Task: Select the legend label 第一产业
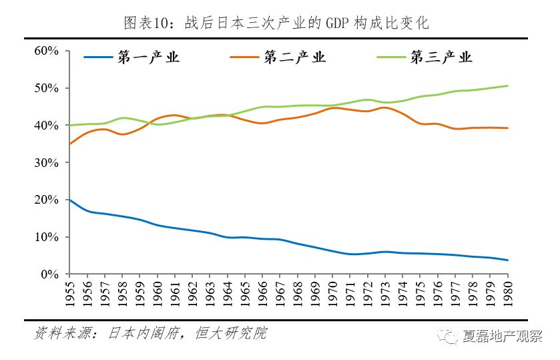tap(149, 57)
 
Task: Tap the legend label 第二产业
tap(294, 57)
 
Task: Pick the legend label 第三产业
tap(441, 57)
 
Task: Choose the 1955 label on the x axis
tap(69, 293)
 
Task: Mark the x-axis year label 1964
tap(227, 293)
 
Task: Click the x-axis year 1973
tap(384, 293)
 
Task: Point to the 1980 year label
tap(507, 293)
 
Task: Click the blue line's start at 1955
tap(69, 200)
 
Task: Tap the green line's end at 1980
tap(507, 85)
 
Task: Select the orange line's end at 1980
tap(507, 128)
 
